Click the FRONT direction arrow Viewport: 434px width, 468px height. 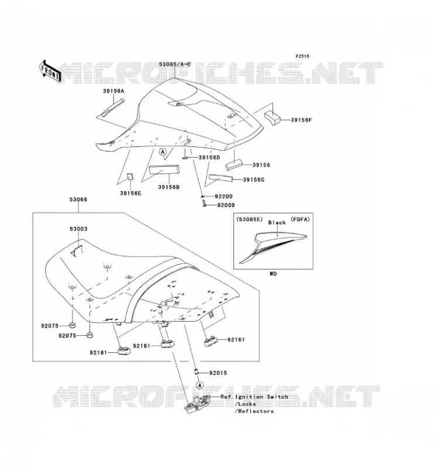pyautogui.click(x=50, y=71)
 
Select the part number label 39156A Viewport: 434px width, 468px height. pyautogui.click(x=113, y=91)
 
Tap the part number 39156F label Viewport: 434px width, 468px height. pyautogui.click(x=301, y=121)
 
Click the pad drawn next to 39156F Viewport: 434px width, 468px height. pyautogui.click(x=272, y=118)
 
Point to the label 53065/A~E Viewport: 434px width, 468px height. pyautogui.click(x=175, y=64)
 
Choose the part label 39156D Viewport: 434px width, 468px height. pyautogui.click(x=209, y=157)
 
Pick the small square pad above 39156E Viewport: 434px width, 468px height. pyautogui.click(x=130, y=177)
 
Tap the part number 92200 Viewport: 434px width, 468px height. pyautogui.click(x=223, y=197)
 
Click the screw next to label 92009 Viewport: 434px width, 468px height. pyautogui.click(x=205, y=204)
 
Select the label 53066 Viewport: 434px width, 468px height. pyautogui.click(x=78, y=199)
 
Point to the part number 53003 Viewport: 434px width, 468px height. pyautogui.click(x=78, y=229)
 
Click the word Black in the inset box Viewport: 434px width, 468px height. pyautogui.click(x=277, y=223)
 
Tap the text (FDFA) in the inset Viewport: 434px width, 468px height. pyautogui.click(x=300, y=219)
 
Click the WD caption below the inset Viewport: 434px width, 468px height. pyautogui.click(x=273, y=274)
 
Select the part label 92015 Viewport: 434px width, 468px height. pyautogui.click(x=218, y=373)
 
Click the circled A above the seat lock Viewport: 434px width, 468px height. pyautogui.click(x=200, y=385)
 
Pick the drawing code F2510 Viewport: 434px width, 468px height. pyautogui.click(x=302, y=56)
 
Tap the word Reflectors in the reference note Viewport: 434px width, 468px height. pyautogui.click(x=256, y=411)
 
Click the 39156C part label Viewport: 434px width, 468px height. pyautogui.click(x=253, y=180)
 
